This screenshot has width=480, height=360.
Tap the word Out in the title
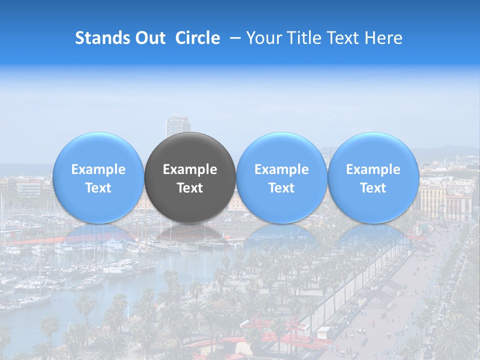(148, 38)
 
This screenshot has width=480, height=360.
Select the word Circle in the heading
(197, 38)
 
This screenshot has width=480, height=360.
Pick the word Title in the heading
(302, 38)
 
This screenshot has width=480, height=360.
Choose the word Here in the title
(384, 38)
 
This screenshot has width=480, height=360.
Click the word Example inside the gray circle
(190, 169)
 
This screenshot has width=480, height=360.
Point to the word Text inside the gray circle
(190, 188)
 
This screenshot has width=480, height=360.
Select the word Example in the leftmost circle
(98, 169)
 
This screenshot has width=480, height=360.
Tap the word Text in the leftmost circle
(98, 188)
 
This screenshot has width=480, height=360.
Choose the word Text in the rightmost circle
(373, 188)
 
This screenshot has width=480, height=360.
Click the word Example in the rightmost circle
(373, 169)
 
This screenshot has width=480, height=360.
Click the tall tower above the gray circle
(177, 125)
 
